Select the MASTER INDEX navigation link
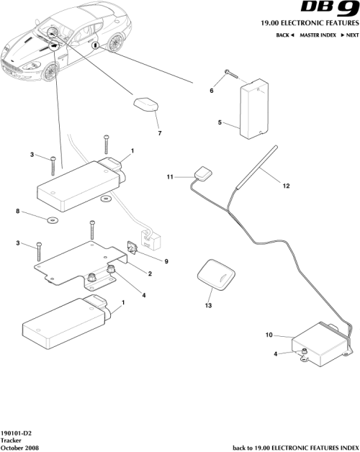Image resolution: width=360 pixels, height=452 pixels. (310, 35)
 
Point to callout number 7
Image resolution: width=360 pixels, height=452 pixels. (159, 132)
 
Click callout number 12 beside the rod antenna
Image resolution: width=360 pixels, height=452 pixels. (286, 186)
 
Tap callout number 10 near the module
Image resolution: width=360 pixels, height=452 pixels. (269, 335)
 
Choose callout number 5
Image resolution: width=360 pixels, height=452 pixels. (221, 123)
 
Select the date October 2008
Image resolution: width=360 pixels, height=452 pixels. (20, 448)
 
